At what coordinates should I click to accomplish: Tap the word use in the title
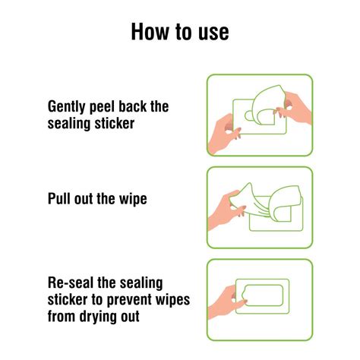212,32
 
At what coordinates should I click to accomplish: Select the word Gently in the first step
69,106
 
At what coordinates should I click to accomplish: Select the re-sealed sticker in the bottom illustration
262,296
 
